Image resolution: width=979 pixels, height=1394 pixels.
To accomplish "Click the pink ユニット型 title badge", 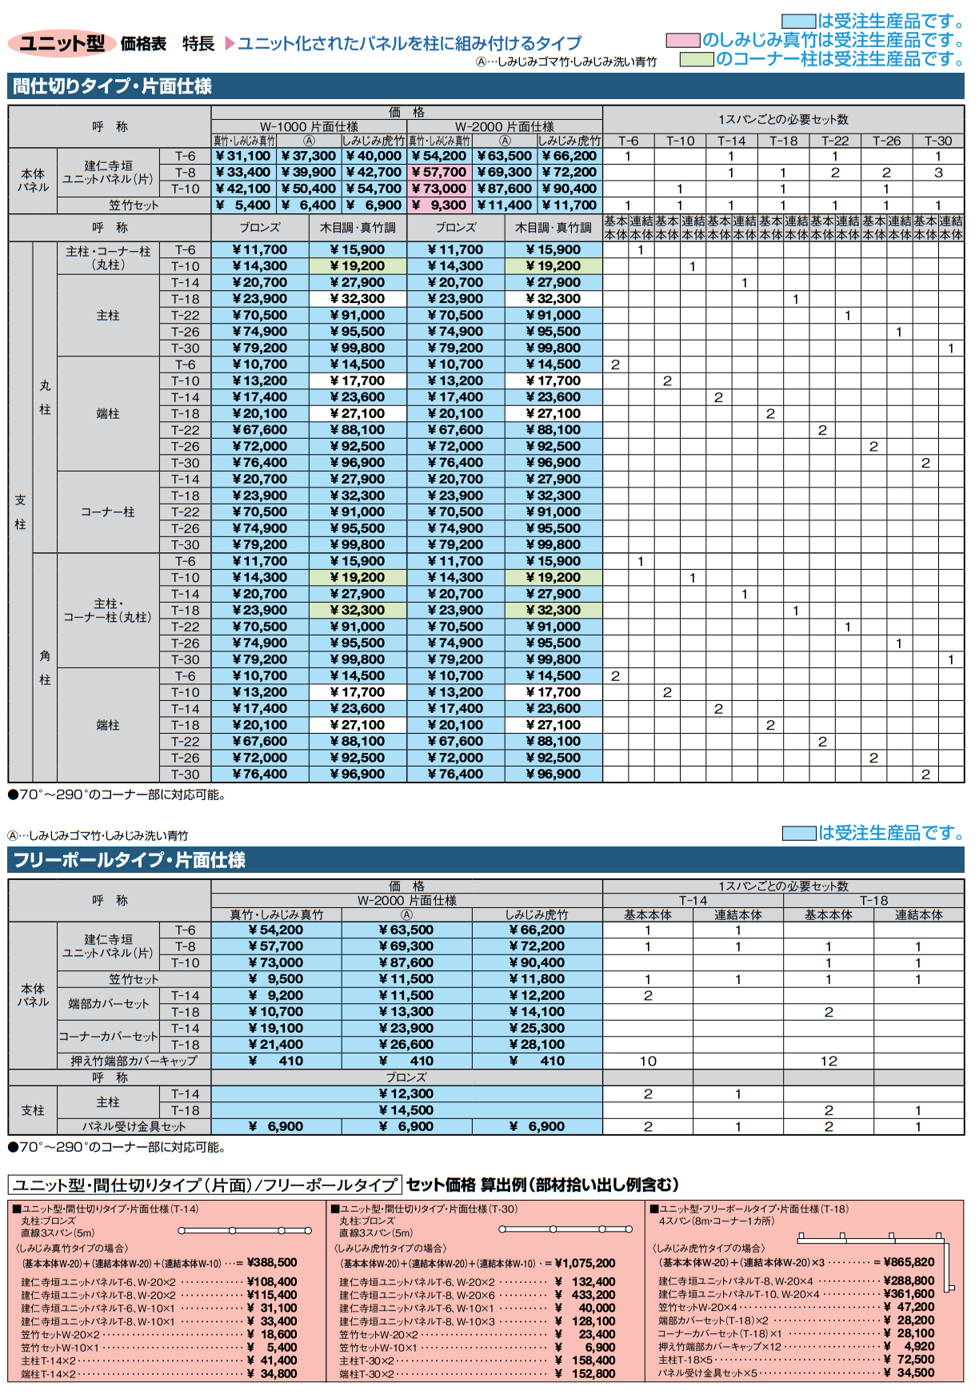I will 62,43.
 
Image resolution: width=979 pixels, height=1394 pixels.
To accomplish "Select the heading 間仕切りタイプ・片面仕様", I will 112,86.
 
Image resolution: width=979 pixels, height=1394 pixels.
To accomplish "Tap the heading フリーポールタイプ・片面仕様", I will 129,860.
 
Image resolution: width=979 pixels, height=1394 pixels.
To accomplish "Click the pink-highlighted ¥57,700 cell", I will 439,172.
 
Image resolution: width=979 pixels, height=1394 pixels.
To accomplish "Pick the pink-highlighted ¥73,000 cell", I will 439,189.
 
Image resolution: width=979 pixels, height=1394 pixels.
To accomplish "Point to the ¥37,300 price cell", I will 309,156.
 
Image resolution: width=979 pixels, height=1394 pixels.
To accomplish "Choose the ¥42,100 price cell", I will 244,189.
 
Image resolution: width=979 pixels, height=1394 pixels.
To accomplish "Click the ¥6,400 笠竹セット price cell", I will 309,205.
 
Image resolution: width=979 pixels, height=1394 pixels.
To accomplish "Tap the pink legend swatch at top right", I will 683,40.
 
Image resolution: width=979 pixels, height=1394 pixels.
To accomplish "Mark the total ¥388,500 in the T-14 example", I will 272,1262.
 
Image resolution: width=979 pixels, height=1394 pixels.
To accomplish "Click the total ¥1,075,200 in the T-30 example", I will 585,1263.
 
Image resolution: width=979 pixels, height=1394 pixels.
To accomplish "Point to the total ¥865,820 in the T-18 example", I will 909,1262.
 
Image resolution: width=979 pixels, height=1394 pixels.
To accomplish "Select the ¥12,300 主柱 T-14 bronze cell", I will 406,1093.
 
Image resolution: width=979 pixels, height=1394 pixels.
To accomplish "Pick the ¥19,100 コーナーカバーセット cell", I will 276,1028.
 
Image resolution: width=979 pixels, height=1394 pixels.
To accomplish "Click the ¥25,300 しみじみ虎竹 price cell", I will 537,1028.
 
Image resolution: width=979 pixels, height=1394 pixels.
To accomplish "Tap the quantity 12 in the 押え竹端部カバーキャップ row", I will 829,1061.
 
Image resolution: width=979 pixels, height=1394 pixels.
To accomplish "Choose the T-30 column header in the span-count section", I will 938,141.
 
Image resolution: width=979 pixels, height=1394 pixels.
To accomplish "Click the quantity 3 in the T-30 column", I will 938,172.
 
